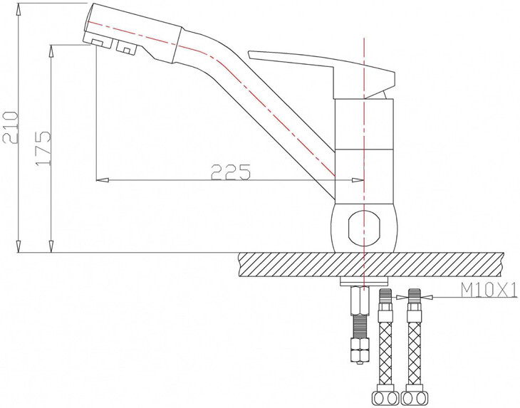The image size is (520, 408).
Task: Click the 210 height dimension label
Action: tap(9, 127)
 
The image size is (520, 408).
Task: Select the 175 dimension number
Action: tap(43, 147)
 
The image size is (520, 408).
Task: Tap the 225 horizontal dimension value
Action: tap(231, 172)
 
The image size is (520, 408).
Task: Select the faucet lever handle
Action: tap(321, 68)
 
